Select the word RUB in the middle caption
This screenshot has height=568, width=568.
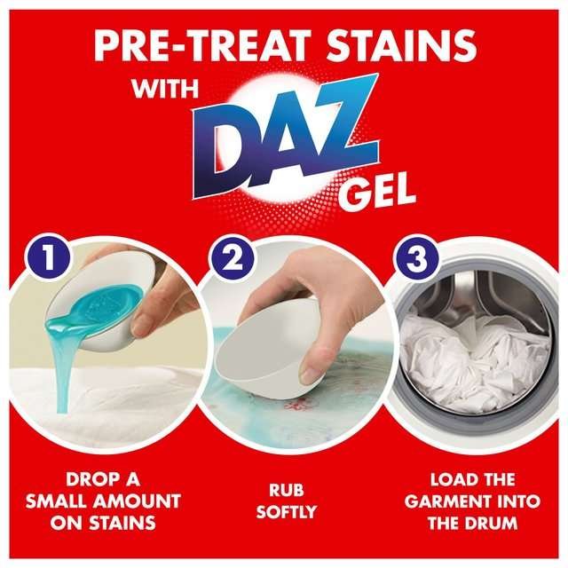click(x=283, y=487)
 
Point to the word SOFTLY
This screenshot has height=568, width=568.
click(x=283, y=512)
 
